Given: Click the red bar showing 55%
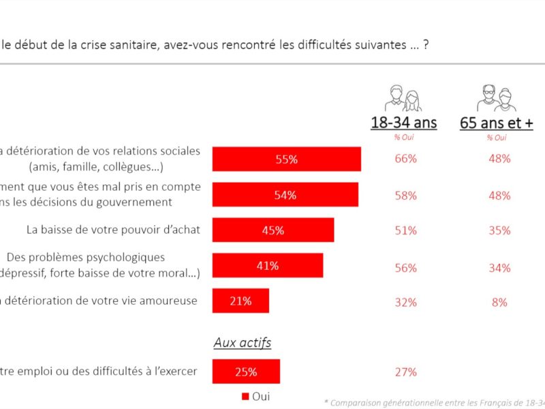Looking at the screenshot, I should point(286,159).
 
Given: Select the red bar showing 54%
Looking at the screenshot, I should point(285,194).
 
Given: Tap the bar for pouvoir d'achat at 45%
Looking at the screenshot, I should point(272,230).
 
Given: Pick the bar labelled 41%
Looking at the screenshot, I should point(267,265).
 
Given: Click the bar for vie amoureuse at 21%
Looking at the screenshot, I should point(240,301).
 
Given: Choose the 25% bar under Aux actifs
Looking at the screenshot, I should point(246,372).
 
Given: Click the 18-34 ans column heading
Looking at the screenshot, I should point(404,123).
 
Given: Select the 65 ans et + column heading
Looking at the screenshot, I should point(497,123).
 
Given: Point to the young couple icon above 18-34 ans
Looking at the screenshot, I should point(404,98).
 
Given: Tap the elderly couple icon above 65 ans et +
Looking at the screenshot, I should point(497,98).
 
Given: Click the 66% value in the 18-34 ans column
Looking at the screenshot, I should point(405,159).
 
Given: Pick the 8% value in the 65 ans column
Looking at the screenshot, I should point(499,302).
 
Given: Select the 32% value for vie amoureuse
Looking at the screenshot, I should point(405,302).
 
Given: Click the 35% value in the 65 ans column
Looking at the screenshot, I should point(499,230).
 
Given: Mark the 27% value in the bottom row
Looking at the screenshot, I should point(405,372).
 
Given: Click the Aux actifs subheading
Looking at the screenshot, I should point(243,342).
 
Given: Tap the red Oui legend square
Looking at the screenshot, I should point(245,396).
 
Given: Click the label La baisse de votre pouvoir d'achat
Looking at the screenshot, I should point(113,230).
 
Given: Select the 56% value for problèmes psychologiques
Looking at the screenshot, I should point(405,268).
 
